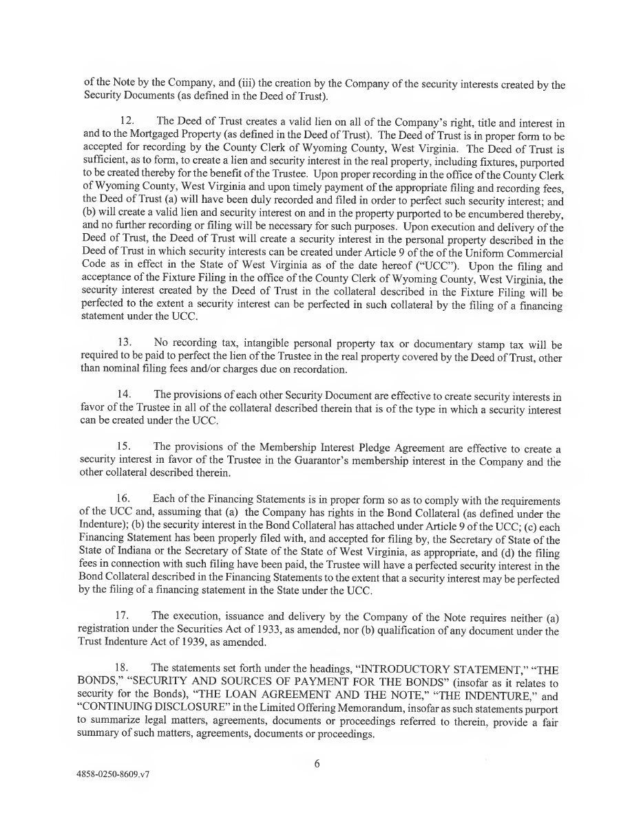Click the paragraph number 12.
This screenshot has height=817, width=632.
click(131, 122)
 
